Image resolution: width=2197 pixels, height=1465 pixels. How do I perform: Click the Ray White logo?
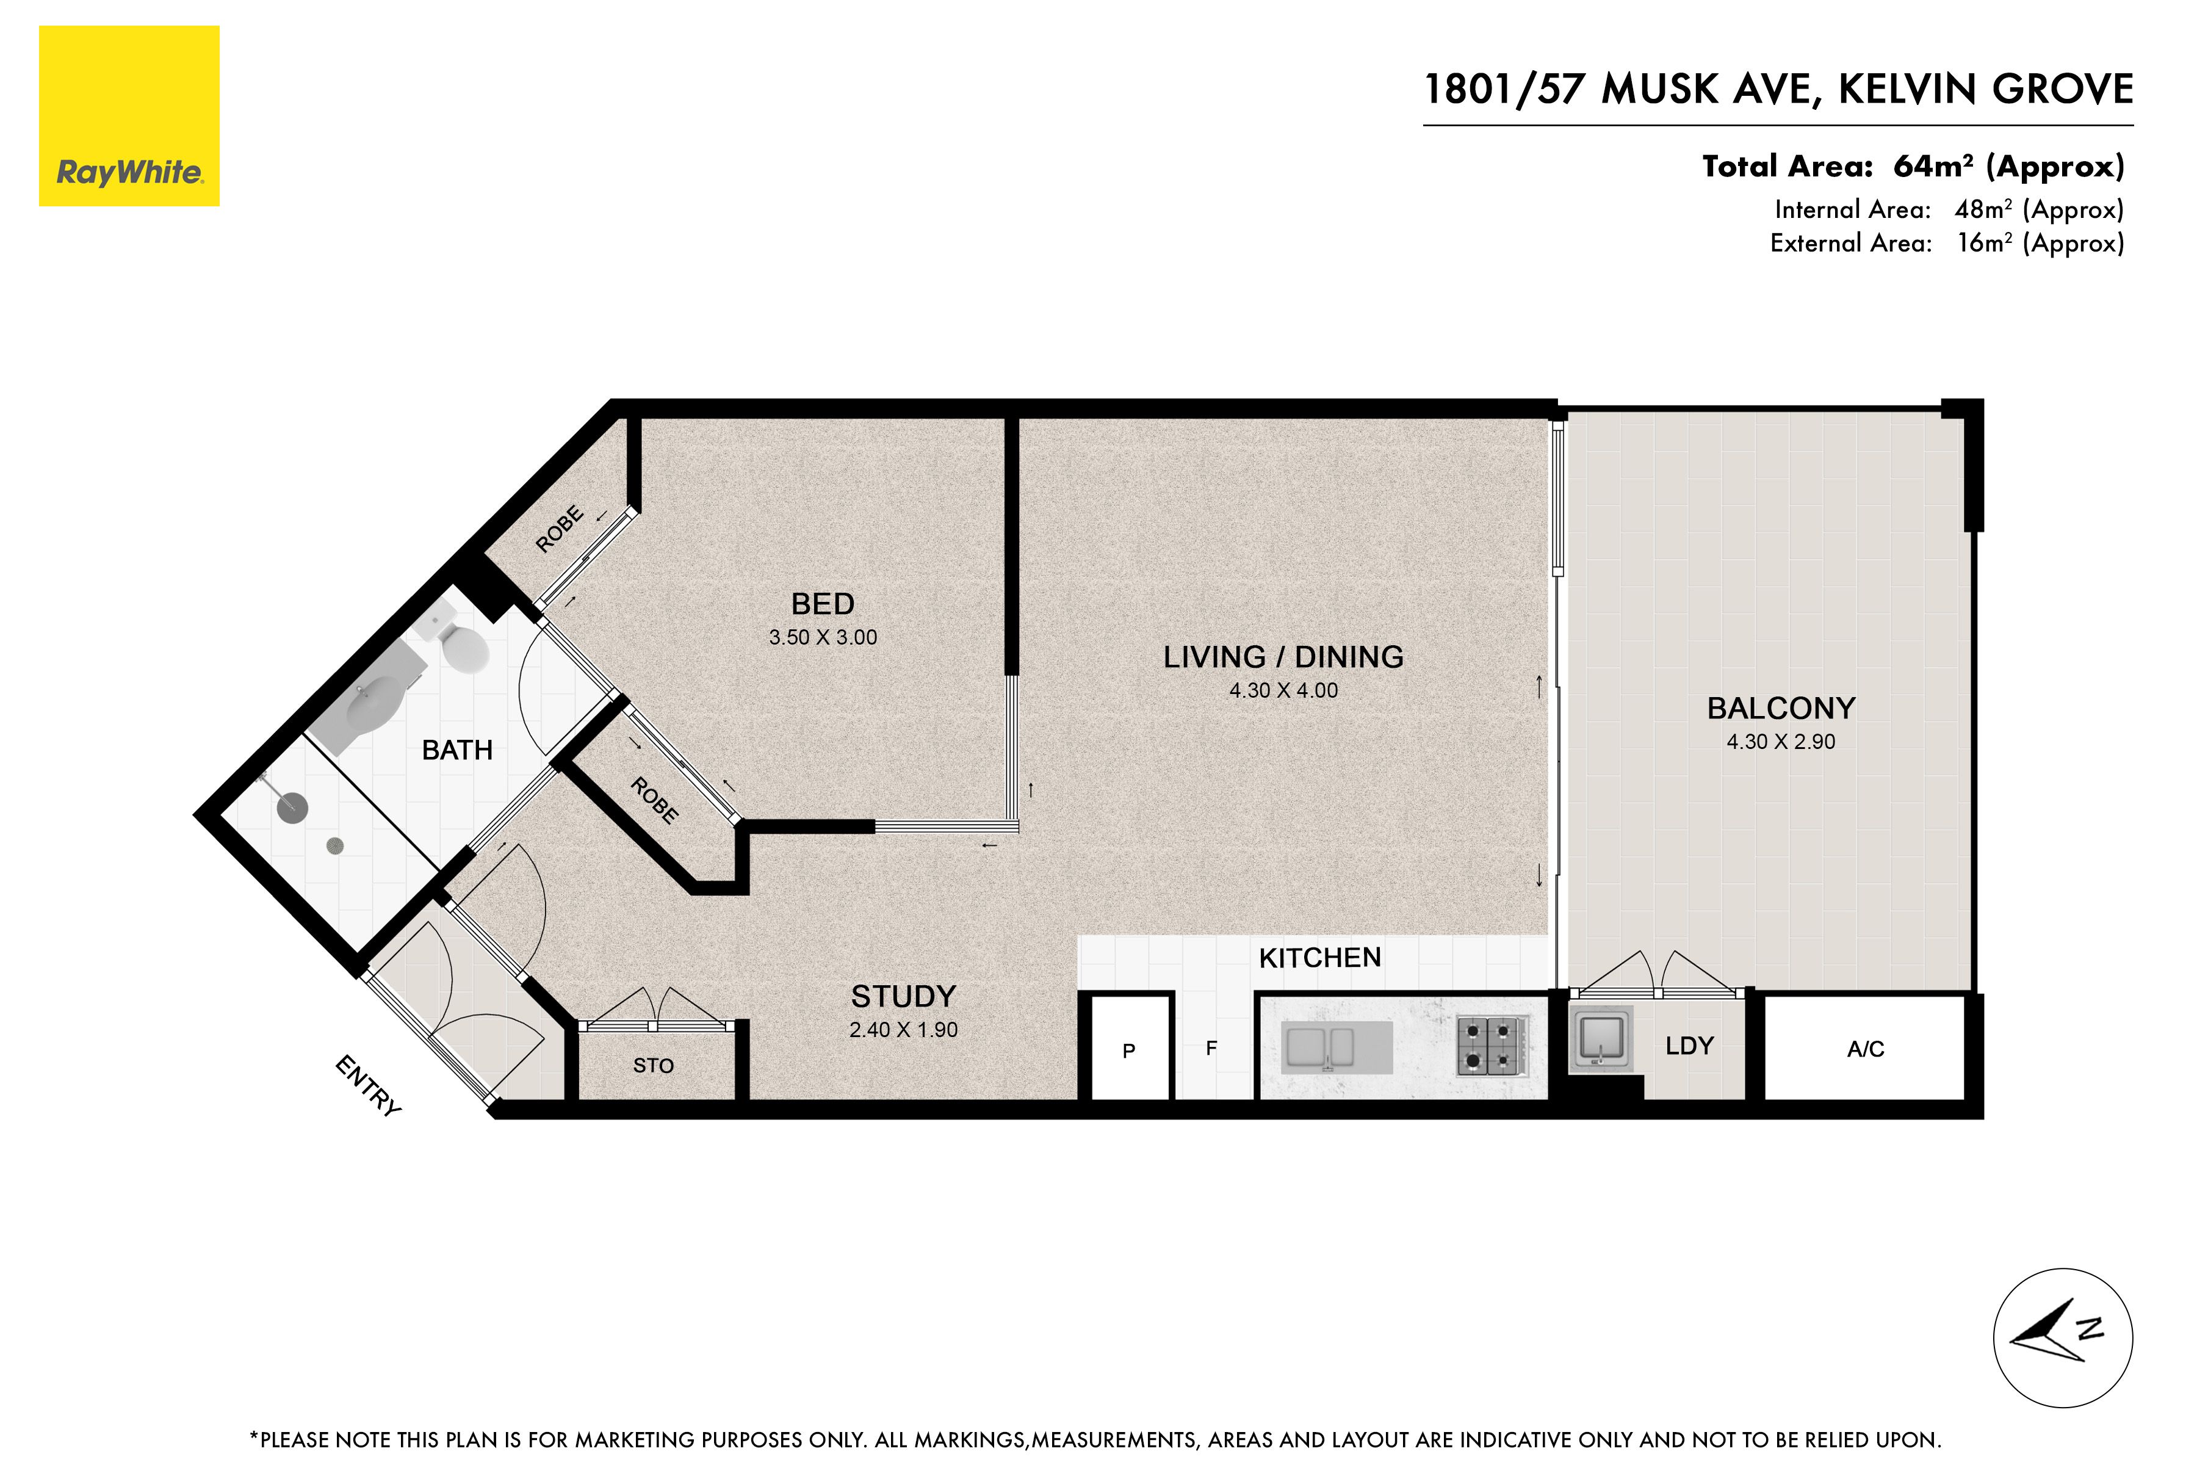(129, 116)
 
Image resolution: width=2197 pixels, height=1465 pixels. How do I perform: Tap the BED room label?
(822, 604)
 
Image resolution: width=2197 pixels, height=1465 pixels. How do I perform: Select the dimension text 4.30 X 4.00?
(1283, 690)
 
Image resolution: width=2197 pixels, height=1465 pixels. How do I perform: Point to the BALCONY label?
(1780, 708)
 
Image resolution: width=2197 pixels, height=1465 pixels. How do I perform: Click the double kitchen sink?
(1318, 1046)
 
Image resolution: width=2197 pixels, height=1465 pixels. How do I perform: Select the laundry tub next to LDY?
(1601, 1038)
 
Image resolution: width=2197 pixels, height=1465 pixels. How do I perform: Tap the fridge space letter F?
(1211, 1048)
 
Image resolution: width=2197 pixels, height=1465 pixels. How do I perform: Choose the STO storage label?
(653, 1065)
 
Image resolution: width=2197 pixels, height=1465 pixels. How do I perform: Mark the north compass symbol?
(2063, 1338)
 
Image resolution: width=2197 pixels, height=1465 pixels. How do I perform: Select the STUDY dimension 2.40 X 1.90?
(903, 1030)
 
